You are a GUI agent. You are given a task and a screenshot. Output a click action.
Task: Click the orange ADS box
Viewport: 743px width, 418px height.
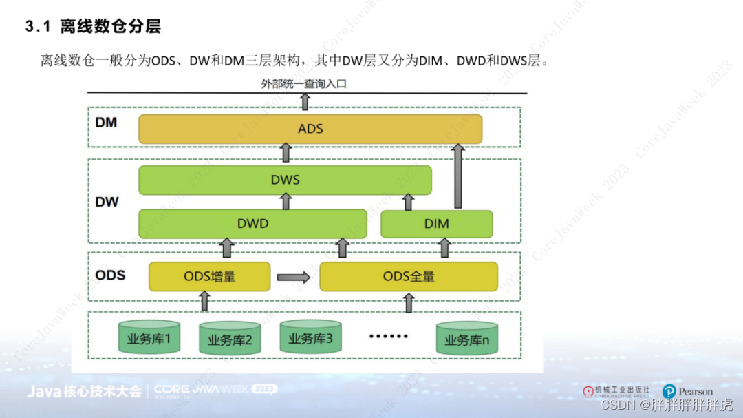pos(310,129)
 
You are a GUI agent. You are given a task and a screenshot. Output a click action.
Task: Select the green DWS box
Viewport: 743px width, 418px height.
pos(285,180)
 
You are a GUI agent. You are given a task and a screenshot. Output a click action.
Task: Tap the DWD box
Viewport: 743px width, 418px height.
pos(252,224)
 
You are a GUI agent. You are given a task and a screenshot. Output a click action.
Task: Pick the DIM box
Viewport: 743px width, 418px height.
pos(436,224)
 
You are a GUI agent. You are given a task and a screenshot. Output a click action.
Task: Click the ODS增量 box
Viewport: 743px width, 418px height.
pos(209,277)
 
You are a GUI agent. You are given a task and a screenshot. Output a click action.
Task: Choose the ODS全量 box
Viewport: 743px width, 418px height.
pos(409,277)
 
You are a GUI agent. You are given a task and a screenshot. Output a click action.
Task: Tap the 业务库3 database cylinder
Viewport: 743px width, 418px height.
pos(310,337)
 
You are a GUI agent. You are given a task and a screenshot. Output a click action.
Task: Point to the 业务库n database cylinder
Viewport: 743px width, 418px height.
pos(466,339)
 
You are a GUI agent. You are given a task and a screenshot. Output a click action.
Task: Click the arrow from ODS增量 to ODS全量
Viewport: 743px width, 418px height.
pos(294,278)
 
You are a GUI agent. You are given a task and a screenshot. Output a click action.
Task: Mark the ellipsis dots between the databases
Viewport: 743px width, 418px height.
pos(388,337)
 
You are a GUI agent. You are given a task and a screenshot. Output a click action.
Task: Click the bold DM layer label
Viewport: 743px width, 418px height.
pos(107,123)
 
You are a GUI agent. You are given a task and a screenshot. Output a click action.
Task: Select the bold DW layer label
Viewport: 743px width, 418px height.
pos(107,202)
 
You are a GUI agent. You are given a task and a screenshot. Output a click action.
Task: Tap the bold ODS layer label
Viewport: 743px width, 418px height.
pos(110,275)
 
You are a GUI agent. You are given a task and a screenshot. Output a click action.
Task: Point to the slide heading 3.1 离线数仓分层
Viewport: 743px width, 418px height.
pos(93,28)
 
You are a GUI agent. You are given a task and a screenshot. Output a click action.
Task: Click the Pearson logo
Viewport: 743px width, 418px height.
pos(687,392)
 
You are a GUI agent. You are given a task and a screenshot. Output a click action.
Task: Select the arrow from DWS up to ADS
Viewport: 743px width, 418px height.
pos(286,152)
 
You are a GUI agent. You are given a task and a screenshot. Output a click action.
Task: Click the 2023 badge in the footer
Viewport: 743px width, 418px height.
pos(265,389)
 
